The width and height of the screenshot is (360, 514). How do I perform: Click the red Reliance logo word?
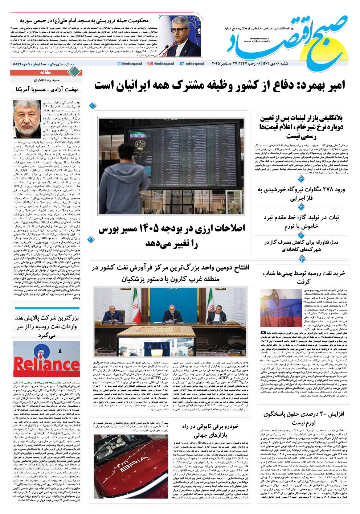point(46,364)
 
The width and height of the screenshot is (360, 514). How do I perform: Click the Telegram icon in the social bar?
point(119,64)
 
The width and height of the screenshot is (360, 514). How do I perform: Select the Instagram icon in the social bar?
point(150,64)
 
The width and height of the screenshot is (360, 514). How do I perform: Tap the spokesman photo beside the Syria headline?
point(181,36)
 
